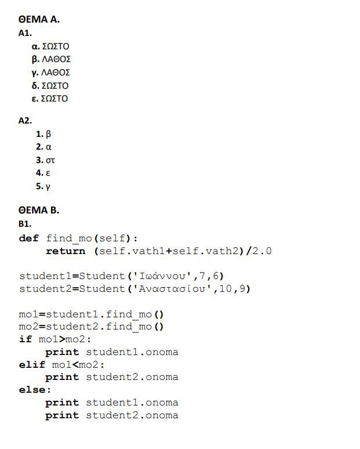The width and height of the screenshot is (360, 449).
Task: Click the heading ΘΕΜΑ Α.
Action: [39, 19]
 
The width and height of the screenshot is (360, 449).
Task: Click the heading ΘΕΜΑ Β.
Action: [39, 210]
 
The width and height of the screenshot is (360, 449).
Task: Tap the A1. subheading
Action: [25, 33]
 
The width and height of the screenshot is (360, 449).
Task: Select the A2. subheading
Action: [25, 121]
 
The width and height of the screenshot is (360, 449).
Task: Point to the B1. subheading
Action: [25, 224]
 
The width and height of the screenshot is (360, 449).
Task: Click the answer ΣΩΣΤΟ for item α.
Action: [56, 46]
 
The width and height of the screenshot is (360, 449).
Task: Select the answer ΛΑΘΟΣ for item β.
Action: [56, 59]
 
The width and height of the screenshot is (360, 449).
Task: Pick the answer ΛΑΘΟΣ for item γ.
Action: [56, 73]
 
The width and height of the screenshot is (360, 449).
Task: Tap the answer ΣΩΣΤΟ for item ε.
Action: [54, 99]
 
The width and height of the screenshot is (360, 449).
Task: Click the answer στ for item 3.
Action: [50, 160]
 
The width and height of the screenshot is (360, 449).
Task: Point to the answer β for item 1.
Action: [48, 134]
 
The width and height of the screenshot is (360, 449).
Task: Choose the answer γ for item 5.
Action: [48, 187]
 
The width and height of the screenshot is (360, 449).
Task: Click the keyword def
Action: [28, 238]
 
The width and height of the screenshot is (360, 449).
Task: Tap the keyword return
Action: [66, 251]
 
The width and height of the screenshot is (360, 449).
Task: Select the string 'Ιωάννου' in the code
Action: [162, 276]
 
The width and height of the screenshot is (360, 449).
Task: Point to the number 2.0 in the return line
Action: [262, 251]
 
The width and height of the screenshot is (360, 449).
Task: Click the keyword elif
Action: [32, 364]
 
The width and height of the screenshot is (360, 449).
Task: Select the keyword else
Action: [32, 390]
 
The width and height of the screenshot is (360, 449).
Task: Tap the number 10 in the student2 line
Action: [226, 289]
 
